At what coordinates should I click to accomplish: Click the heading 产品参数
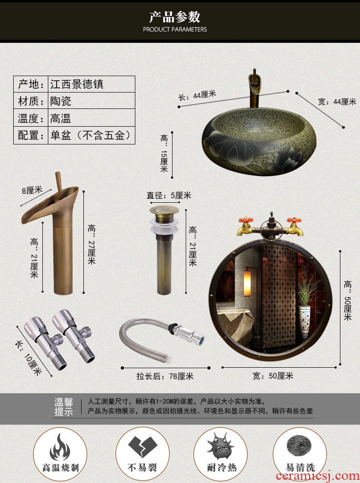pyautogui.click(x=175, y=17)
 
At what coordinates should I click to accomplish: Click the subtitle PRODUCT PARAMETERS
pyautogui.click(x=175, y=30)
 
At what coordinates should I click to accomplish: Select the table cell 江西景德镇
pyautogui.click(x=77, y=84)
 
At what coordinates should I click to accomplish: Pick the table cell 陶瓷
pyautogui.click(x=61, y=101)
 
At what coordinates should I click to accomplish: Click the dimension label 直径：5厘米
pyautogui.click(x=169, y=195)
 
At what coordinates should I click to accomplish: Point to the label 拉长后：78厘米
pyautogui.click(x=165, y=376)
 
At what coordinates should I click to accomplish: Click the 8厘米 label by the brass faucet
pyautogui.click(x=32, y=190)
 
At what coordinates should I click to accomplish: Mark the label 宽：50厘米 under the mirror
pyautogui.click(x=273, y=376)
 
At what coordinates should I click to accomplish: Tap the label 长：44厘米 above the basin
pyautogui.click(x=197, y=95)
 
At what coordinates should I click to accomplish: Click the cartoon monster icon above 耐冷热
pyautogui.click(x=221, y=446)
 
